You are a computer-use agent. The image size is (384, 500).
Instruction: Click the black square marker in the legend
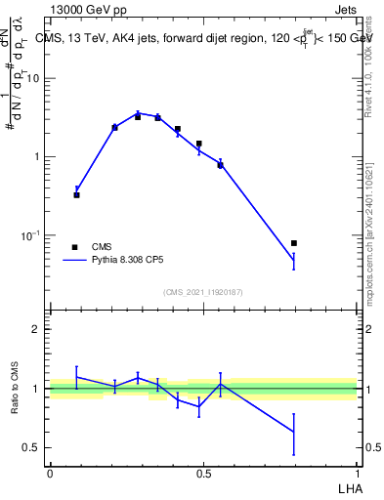coord(74,247)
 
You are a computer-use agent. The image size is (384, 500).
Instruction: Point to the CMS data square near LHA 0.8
coord(294,243)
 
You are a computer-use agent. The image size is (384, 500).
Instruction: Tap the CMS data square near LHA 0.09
coord(77,195)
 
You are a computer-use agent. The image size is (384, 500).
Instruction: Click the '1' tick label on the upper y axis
coord(37,157)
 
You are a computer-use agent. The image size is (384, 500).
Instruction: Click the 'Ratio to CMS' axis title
coord(15,389)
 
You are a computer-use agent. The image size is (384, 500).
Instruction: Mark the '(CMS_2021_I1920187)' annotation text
coord(204,292)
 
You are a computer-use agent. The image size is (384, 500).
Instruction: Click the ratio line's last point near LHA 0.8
coord(294,432)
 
